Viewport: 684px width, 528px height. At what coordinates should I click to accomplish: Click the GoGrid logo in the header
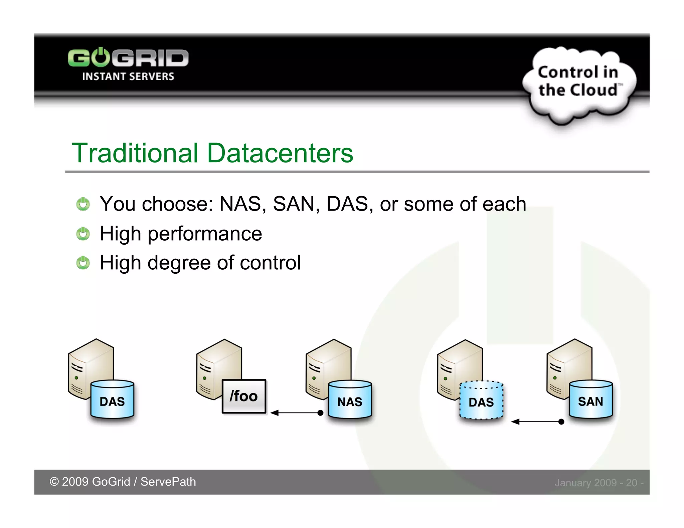[128, 58]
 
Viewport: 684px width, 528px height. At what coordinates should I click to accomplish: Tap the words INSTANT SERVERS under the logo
[128, 76]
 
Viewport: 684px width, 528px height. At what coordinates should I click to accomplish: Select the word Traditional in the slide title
[135, 153]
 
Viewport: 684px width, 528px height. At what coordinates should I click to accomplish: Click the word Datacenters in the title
[280, 153]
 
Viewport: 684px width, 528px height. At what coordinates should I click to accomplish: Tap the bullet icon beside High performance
[83, 234]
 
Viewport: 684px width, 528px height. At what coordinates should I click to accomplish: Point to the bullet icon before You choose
[83, 204]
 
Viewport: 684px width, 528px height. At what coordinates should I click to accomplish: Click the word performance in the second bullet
[205, 234]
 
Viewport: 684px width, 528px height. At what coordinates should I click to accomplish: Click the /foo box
[244, 397]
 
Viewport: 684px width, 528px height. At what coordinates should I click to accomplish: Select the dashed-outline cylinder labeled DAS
[481, 400]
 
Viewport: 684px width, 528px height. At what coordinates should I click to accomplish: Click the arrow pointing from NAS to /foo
[296, 413]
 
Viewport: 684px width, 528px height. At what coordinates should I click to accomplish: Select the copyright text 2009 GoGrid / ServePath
[123, 482]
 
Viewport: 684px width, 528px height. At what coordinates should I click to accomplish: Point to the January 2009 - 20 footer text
[599, 483]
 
